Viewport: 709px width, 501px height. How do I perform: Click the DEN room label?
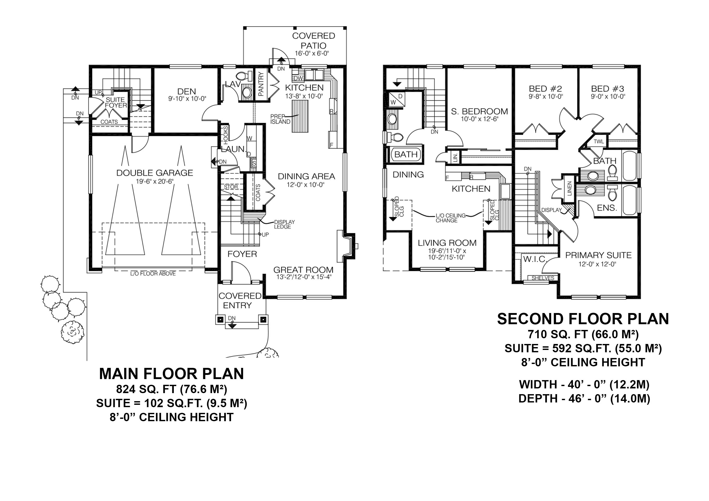pos(187,91)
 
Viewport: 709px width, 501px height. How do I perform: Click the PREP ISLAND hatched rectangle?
pos(300,117)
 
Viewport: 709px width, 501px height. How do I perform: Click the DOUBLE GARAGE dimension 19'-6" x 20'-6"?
pos(155,181)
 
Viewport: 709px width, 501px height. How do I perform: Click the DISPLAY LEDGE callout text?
pos(284,224)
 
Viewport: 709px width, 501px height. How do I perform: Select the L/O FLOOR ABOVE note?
pos(153,273)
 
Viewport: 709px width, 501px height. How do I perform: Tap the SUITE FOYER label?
pos(116,102)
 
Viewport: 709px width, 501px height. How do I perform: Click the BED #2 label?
pos(545,89)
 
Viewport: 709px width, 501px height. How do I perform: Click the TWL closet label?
pos(598,142)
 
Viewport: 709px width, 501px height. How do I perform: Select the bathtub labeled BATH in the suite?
pos(406,154)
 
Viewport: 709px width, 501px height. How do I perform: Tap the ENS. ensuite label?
pos(607,208)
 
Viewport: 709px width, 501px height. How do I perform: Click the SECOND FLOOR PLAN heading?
pos(583,319)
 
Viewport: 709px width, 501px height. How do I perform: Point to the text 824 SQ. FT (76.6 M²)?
pos(171,389)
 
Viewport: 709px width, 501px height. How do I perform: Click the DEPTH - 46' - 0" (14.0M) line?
pos(584,399)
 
